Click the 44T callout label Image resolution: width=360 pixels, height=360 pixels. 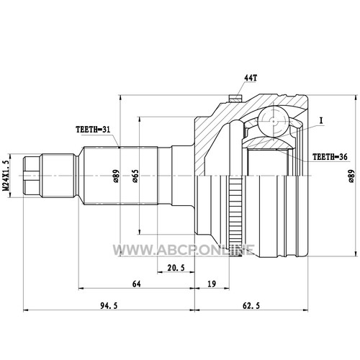point(251,78)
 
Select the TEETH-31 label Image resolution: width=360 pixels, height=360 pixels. point(93,130)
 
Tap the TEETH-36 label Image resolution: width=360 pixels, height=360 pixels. point(330,157)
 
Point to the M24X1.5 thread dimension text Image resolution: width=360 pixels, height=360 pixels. point(7,172)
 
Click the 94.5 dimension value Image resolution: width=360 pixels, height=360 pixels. point(109,305)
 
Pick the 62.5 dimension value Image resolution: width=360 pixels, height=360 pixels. point(251,305)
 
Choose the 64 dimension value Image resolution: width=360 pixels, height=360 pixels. point(136,284)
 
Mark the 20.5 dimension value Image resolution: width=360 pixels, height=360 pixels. point(176,268)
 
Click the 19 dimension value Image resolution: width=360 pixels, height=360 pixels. point(212,284)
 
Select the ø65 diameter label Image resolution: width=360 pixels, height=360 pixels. point(135,176)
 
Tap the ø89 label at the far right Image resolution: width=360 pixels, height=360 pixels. point(351,176)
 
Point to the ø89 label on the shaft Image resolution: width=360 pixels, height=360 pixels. point(116,176)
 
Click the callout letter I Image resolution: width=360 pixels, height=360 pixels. point(321,121)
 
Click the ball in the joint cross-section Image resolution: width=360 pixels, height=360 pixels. point(274,121)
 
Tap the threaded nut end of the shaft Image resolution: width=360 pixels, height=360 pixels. point(32,176)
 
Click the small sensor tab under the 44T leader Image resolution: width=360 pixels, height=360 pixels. point(235,99)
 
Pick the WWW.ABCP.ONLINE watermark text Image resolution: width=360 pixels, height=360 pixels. point(184,250)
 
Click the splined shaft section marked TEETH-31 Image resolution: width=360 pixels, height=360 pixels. point(120,176)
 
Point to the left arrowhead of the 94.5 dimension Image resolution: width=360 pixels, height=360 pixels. point(25,310)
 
